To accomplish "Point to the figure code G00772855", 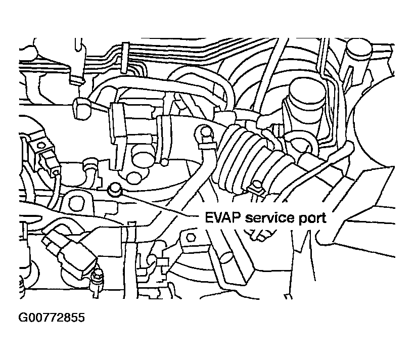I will pyautogui.click(x=51, y=318).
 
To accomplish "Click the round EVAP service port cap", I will pyautogui.click(x=115, y=190).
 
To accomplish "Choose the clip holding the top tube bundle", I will pyautogui.click(x=124, y=56).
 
